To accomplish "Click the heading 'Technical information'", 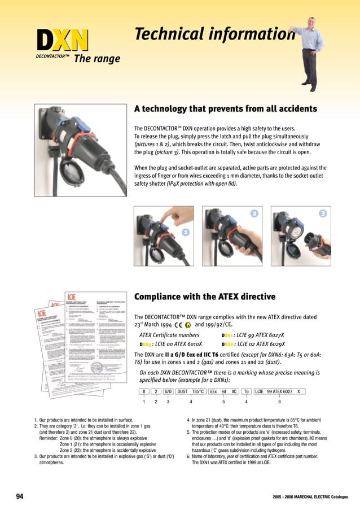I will point(214,34).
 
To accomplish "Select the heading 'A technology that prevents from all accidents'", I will point(225,108).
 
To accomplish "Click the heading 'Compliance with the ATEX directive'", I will point(204,297).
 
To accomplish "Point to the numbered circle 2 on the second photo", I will point(254,213).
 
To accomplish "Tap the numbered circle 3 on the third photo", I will point(322,213).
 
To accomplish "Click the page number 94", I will point(20,496).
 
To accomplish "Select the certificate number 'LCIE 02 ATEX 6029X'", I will point(262,344).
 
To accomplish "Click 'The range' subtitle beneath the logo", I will point(97,59).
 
